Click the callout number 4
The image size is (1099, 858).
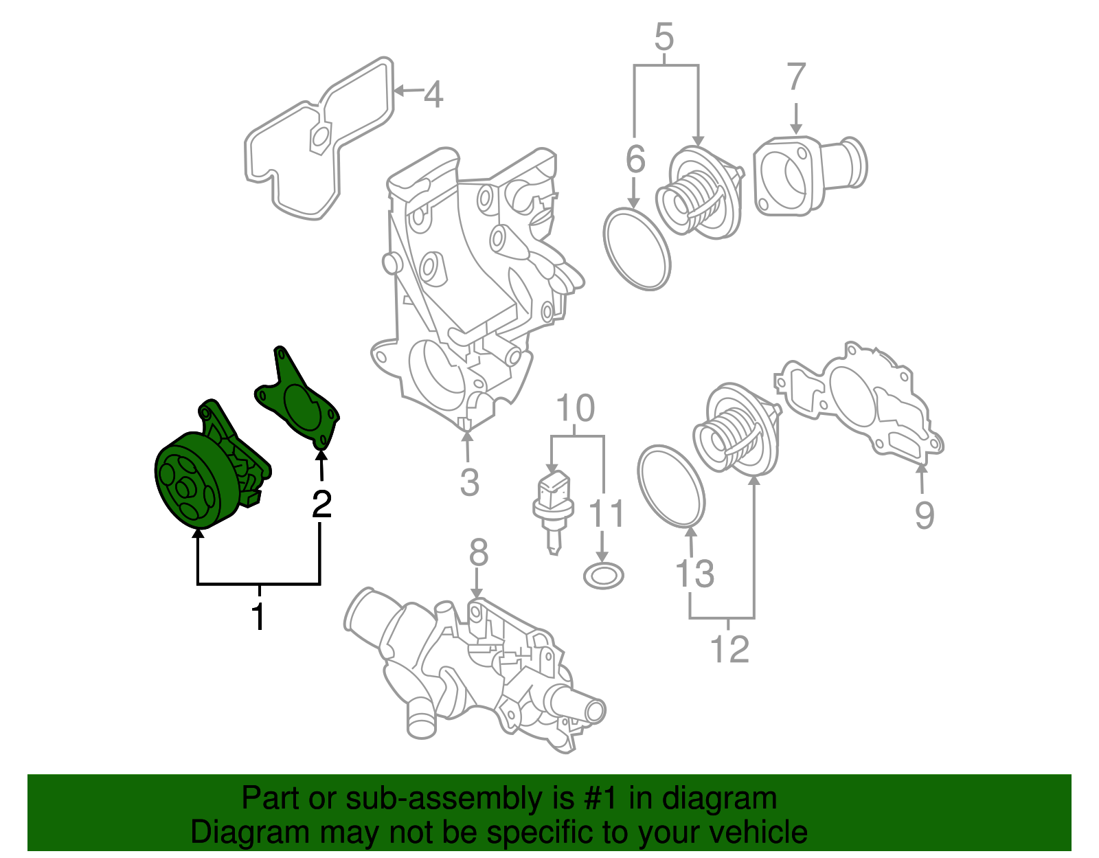click(433, 94)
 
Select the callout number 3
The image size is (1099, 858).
click(469, 482)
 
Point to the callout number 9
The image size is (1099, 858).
click(924, 515)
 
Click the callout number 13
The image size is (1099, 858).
click(695, 573)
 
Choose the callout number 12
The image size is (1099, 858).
click(729, 649)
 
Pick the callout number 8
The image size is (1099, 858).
click(478, 552)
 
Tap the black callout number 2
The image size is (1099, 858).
click(321, 504)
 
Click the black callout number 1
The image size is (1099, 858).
click(258, 617)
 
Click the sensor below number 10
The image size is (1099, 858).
click(552, 508)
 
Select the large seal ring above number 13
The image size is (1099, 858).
click(671, 487)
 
